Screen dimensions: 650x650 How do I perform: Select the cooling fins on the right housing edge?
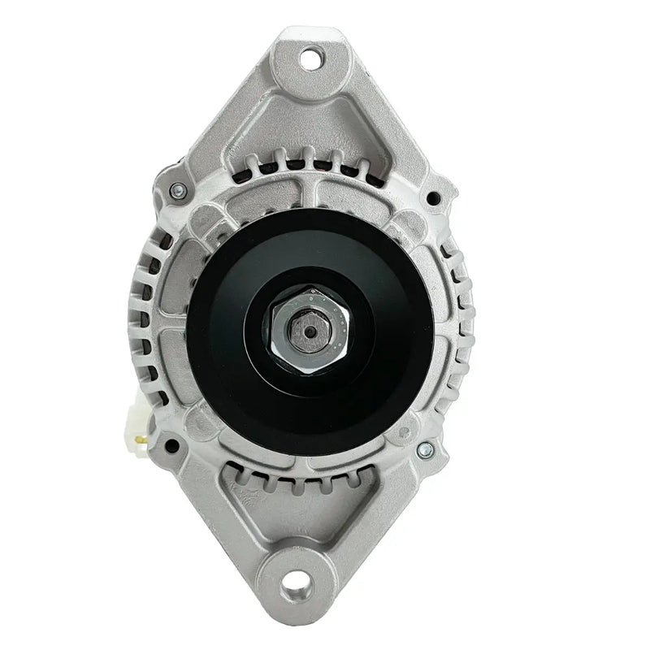coord(465,325)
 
